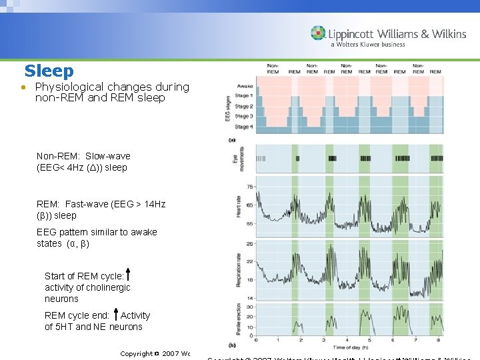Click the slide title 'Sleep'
49,71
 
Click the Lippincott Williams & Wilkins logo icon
318,33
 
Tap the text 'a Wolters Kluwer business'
367,45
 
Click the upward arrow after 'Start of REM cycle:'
127,274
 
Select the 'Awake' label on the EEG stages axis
244,85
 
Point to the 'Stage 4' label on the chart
243,127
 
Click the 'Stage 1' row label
243,96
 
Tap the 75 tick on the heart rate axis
250,187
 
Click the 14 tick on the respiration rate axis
250,297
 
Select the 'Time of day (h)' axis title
353,347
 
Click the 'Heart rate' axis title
238,207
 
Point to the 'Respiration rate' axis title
238,270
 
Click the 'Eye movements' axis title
238,159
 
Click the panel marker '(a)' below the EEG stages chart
232,139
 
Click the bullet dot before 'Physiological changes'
23,88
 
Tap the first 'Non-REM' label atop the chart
273,69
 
